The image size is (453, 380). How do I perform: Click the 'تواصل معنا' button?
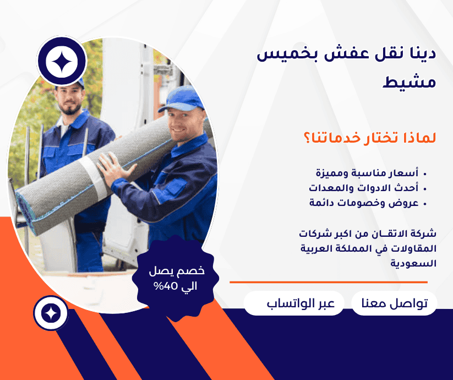coord(394,303)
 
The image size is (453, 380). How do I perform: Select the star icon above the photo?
coord(61,62)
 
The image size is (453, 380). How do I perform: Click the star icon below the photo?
coord(51,313)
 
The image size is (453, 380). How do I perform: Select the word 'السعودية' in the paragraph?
coord(414,263)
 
